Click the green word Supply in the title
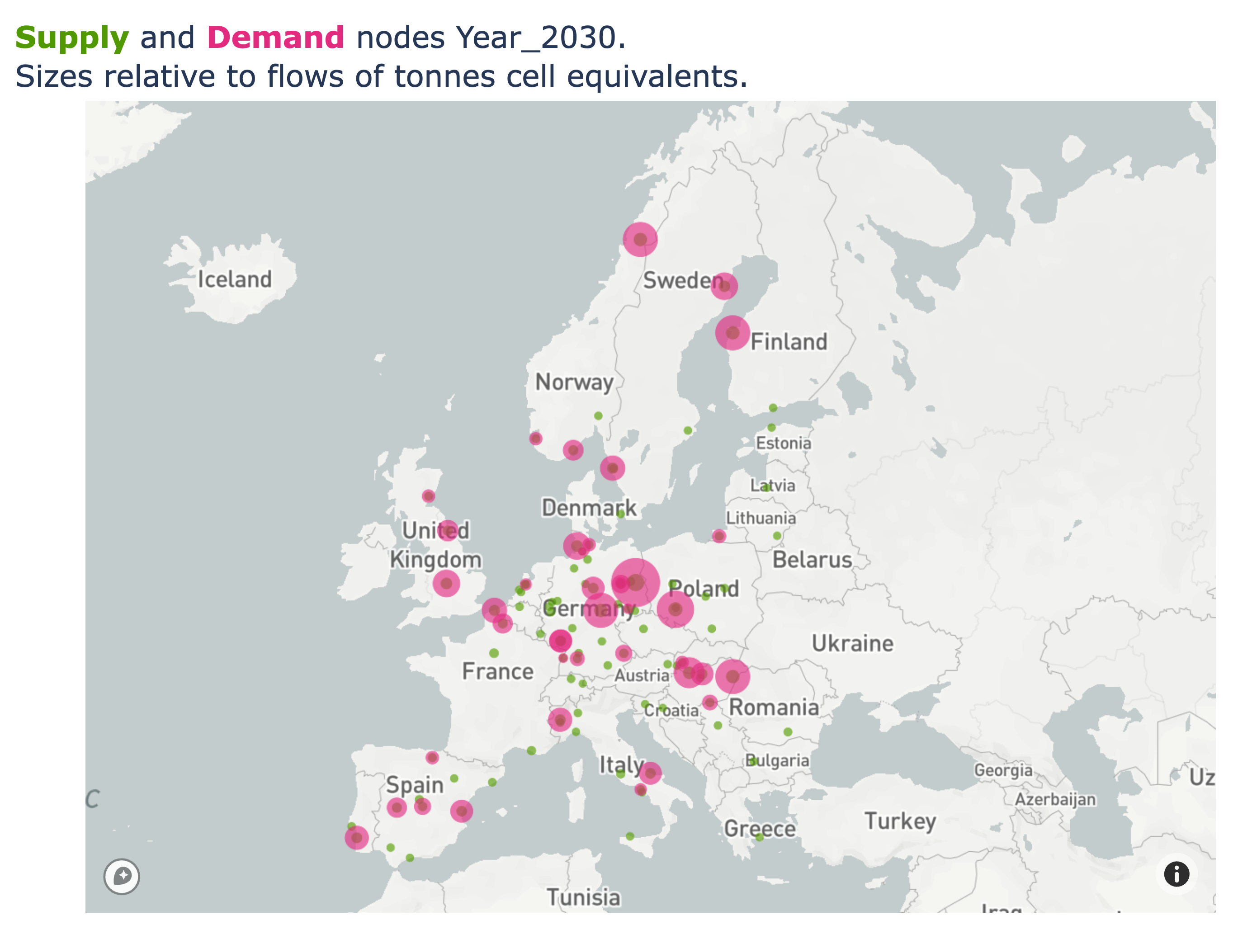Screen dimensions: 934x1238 coord(71,38)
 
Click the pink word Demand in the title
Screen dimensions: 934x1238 coord(275,38)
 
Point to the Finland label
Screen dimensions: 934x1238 coord(789,342)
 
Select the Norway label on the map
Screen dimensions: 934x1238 coord(574,382)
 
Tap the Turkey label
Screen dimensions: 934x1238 coord(900,821)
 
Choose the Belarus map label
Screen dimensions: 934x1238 coord(812,560)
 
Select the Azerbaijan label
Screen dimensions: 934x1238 coord(1055,800)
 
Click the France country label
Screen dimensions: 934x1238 coord(497,671)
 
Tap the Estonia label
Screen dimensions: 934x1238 coord(784,443)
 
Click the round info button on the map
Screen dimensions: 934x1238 coord(1177,874)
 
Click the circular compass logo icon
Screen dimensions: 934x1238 coord(122,876)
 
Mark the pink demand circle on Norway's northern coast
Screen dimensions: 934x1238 coord(640,240)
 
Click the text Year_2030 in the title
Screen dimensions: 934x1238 coord(536,38)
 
